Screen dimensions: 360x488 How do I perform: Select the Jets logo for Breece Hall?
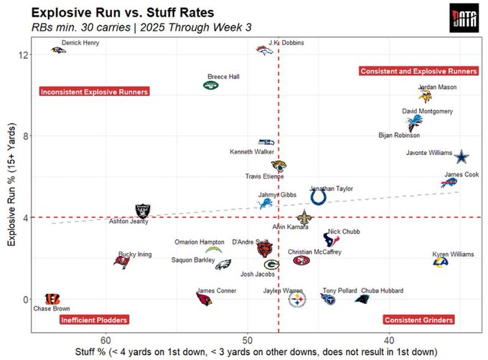[210, 85]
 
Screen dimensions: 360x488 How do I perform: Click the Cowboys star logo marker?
[461, 156]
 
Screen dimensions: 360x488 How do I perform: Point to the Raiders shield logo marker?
[144, 211]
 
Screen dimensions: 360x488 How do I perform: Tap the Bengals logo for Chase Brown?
[52, 298]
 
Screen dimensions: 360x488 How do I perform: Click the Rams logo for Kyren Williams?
[441, 262]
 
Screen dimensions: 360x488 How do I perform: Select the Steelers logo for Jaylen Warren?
[296, 300]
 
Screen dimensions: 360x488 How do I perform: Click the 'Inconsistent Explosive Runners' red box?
[94, 92]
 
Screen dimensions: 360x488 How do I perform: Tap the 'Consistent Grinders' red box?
[418, 320]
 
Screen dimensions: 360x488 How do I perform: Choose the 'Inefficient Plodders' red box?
[94, 320]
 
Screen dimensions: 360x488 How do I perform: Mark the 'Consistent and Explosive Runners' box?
[418, 71]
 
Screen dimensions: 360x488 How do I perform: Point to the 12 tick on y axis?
[24, 55]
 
